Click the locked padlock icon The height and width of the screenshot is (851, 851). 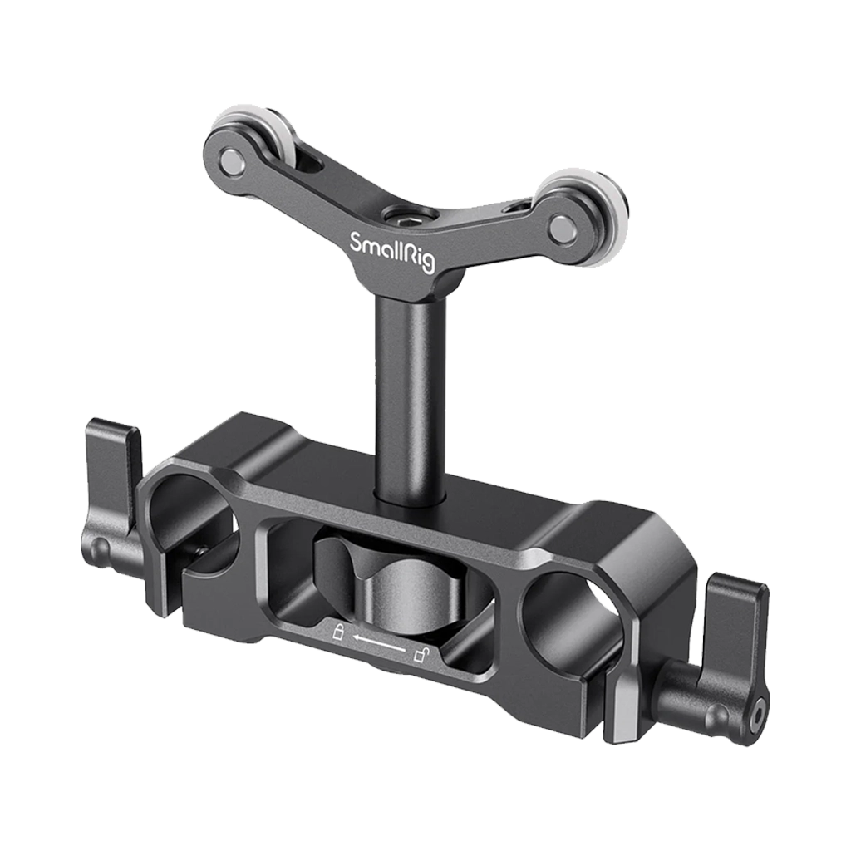click(338, 633)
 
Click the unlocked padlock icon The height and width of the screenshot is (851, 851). click(421, 657)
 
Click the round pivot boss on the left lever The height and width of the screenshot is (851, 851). click(101, 548)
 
